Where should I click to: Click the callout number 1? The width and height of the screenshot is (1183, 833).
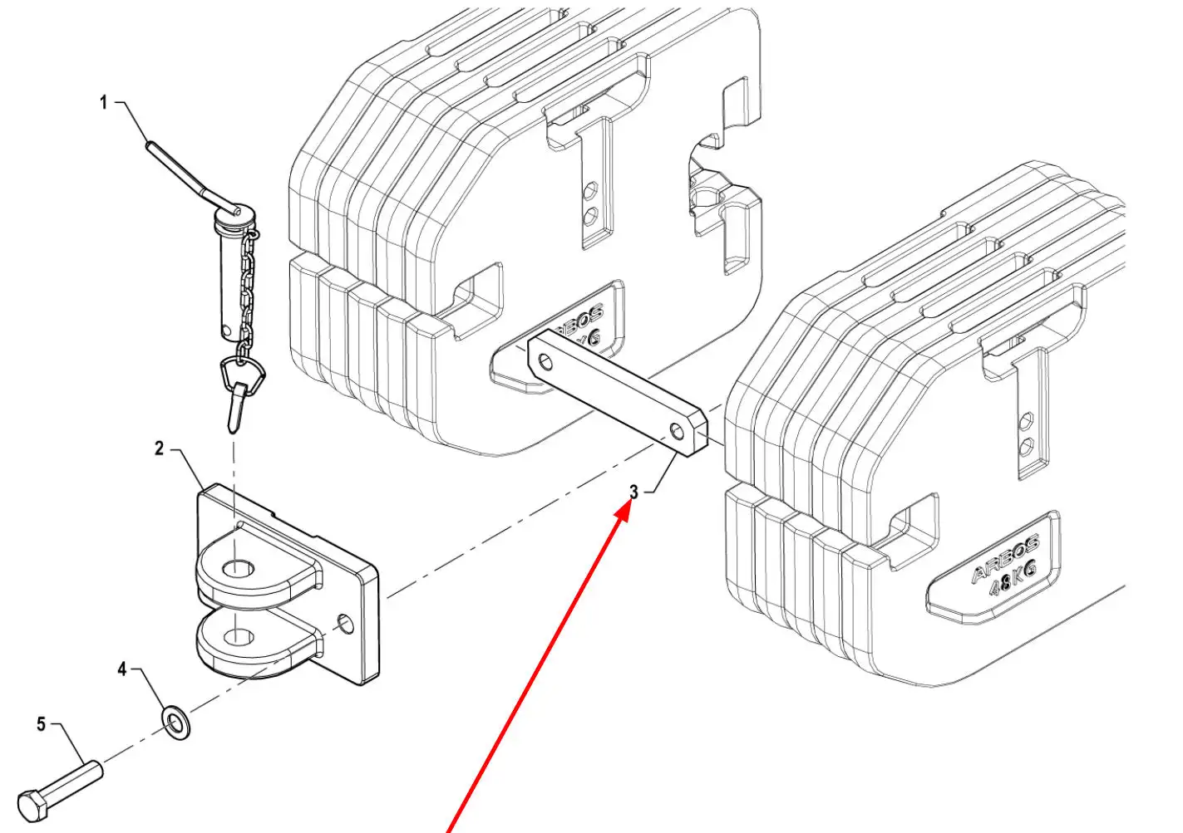104,103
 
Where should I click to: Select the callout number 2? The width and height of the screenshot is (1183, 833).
160,449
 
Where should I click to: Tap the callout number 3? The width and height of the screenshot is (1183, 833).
633,492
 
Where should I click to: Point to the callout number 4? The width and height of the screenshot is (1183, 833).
122,669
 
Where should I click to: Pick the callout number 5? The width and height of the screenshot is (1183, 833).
42,725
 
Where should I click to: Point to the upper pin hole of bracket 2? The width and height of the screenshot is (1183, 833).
239,570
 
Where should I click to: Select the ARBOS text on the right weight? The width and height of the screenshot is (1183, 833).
1004,559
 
